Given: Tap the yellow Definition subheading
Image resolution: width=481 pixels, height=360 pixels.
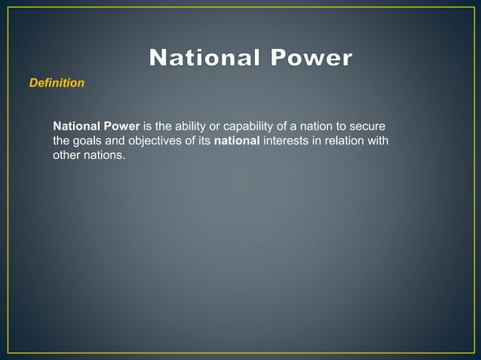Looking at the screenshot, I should pos(57,83).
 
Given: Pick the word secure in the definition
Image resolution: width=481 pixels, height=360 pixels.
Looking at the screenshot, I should pos(369,125).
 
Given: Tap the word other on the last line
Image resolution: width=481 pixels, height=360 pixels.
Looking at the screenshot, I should pos(66,155).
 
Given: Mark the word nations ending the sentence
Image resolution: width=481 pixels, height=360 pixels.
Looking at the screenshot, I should pos(105,155).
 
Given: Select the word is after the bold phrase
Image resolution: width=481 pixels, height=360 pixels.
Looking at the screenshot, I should pos(146,125).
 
